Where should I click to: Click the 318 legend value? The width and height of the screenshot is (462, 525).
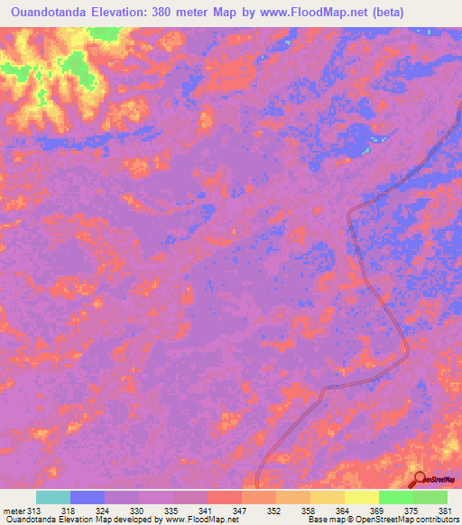coord(69,511)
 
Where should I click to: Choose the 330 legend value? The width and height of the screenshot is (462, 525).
coord(137,511)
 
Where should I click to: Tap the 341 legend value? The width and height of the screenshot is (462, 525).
coord(205,511)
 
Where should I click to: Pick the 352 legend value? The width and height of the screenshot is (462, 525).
coord(273,511)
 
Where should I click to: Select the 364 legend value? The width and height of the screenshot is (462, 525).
coord(342,511)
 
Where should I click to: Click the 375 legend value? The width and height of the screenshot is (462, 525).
coord(410,511)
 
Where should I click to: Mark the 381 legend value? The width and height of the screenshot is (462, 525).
coord(444,511)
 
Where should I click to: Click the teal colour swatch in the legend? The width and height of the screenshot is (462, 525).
coord(53,497)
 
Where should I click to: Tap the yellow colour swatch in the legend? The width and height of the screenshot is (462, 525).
coord(361,497)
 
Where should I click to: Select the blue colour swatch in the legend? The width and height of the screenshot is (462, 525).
coord(88,497)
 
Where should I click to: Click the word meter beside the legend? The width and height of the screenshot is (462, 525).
coord(14,511)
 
